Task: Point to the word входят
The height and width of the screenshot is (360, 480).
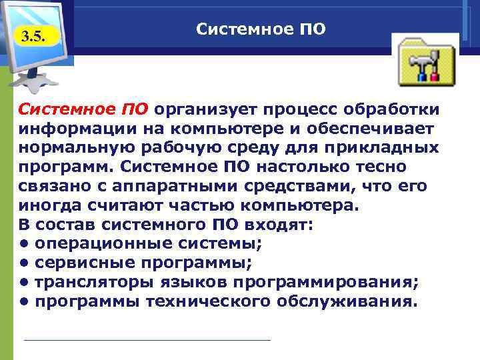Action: pos(276,225)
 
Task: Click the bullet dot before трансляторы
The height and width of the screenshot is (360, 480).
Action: pos(23,283)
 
